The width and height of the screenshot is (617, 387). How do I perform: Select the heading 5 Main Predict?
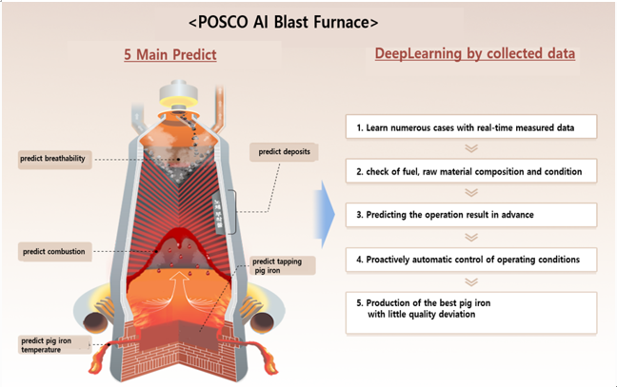(x=170, y=55)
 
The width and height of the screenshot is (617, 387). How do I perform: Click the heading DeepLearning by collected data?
(x=475, y=54)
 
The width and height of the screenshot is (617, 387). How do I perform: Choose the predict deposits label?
(x=284, y=151)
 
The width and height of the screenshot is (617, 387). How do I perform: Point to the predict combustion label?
(x=53, y=252)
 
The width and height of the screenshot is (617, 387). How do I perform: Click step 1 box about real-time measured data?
(x=469, y=126)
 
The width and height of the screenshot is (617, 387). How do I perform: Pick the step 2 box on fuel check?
(x=469, y=171)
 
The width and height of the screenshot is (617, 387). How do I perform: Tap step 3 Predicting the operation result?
(x=469, y=214)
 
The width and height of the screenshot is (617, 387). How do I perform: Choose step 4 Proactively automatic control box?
(x=469, y=258)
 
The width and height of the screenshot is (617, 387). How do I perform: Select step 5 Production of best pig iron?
(x=469, y=310)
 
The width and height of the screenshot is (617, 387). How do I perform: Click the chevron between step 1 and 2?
(x=469, y=148)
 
